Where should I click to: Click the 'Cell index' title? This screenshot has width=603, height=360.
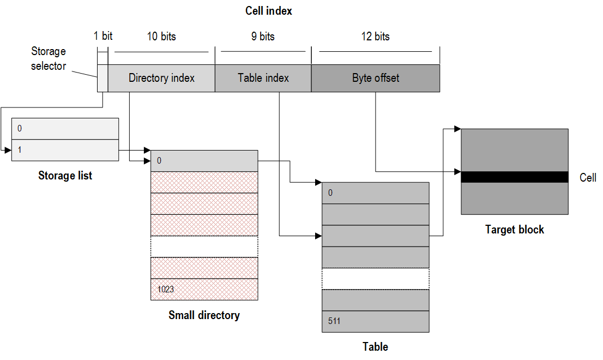click(x=268, y=11)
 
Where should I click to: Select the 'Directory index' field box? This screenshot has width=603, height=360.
click(x=161, y=78)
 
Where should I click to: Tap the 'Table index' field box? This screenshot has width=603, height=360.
click(x=263, y=78)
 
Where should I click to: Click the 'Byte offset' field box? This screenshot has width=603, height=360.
click(x=375, y=78)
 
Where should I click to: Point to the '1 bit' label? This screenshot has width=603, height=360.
click(x=103, y=37)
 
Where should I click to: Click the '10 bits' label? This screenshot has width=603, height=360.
click(x=161, y=37)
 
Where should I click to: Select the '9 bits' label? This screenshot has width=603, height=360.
click(x=263, y=37)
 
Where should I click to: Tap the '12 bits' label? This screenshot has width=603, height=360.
click(x=375, y=37)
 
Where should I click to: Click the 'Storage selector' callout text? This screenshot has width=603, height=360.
click(x=48, y=58)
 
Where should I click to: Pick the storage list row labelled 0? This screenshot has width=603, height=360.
click(x=65, y=129)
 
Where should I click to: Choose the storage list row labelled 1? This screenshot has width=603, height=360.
click(x=65, y=150)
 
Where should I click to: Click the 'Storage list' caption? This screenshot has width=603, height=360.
click(x=65, y=176)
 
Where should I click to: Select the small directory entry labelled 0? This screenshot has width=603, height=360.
click(x=204, y=161)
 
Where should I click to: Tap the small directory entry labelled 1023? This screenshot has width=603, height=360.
click(x=204, y=289)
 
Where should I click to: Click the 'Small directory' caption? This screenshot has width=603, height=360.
click(x=204, y=315)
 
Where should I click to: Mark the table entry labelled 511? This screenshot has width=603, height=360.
click(x=375, y=321)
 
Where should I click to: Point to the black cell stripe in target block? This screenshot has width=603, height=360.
click(x=515, y=177)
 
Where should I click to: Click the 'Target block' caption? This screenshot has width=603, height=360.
click(x=515, y=230)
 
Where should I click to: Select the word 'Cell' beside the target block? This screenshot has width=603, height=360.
click(x=588, y=178)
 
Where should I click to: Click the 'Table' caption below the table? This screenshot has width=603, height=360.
click(x=375, y=347)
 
